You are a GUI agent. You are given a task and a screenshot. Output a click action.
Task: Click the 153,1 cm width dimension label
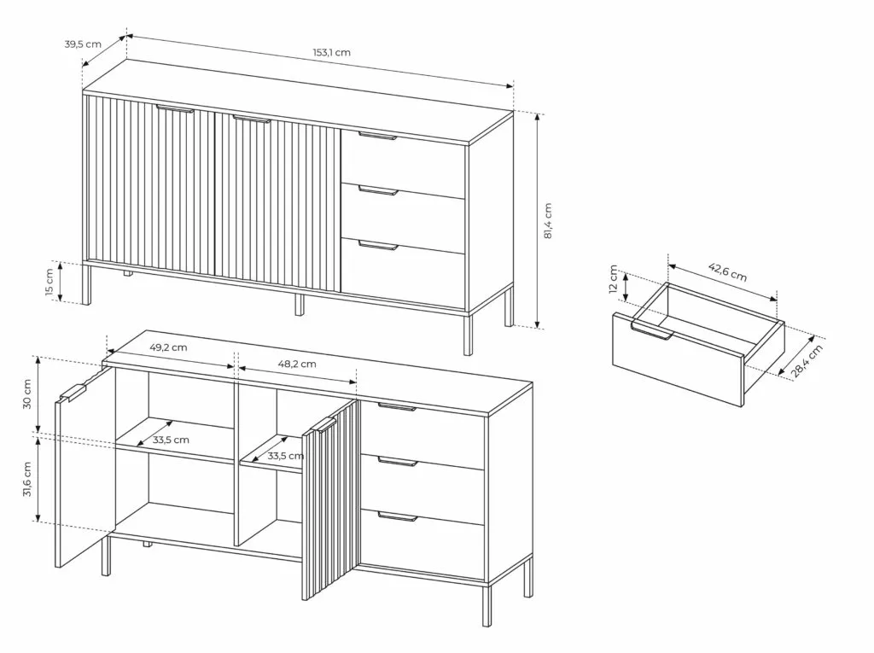pos(331,52)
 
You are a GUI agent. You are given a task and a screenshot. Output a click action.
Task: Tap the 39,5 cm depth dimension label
pos(83,44)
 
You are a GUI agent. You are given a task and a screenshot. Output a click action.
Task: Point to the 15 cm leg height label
pos(50,283)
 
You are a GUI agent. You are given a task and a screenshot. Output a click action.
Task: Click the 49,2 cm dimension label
pos(168,347)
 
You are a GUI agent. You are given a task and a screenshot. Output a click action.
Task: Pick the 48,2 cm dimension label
pos(297,364)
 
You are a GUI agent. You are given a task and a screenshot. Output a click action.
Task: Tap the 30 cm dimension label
pos(26,394)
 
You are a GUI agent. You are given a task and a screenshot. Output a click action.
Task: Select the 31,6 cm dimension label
pos(26,479)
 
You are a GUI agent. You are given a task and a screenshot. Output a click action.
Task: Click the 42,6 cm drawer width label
pos(727,271)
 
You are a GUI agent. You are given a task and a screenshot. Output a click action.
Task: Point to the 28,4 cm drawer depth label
pos(807,361)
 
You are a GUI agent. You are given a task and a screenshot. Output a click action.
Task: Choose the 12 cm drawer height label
pos(614,278)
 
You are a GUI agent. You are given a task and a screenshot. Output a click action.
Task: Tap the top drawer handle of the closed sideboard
pos(377,136)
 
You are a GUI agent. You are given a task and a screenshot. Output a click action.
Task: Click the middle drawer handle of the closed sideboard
pos(378,191)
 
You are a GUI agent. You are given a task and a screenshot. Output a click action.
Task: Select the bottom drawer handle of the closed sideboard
pos(378,245)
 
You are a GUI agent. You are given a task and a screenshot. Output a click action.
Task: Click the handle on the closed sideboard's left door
pos(174,108)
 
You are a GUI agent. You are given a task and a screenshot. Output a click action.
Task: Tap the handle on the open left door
pos(73,393)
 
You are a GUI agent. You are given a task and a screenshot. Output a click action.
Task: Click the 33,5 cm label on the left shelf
pos(171,440)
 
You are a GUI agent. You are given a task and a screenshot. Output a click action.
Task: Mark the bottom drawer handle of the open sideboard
pos(398,516)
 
